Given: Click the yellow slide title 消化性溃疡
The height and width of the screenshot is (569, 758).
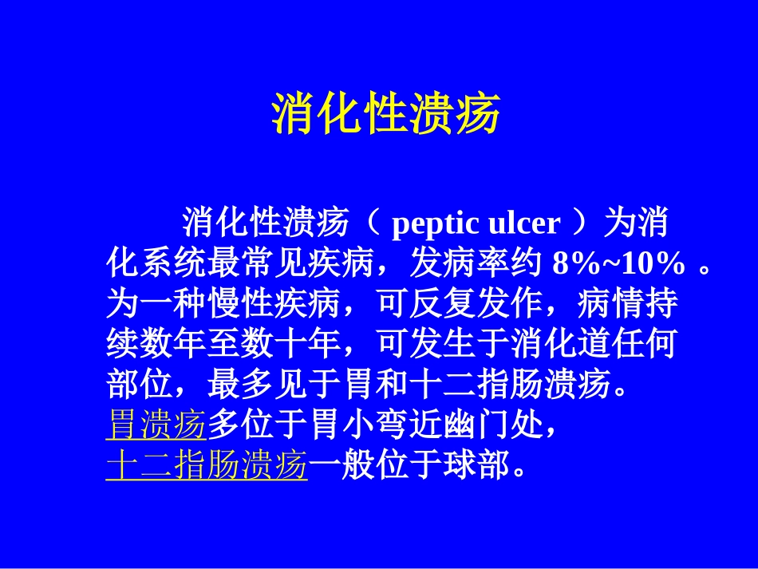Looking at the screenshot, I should (x=386, y=114).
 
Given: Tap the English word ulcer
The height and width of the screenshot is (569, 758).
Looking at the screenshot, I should (x=523, y=223).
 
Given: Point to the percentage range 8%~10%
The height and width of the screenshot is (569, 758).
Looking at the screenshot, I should (x=618, y=263).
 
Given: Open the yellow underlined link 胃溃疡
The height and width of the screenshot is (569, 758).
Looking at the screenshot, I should (x=156, y=427).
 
